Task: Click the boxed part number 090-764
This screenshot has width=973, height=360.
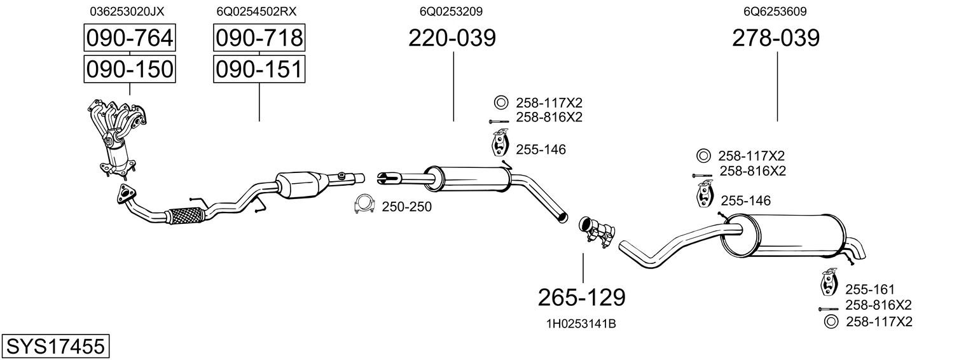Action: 130,39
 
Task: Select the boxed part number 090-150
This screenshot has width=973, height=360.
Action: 130,69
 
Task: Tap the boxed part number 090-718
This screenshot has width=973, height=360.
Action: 259,39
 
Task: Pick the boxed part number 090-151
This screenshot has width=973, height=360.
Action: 259,69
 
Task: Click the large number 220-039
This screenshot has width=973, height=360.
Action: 452,39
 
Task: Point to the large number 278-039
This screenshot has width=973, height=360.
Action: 776,39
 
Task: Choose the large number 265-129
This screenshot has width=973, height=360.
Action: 582,296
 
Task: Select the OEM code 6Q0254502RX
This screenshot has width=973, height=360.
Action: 256,11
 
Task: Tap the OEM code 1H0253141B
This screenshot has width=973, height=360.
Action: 581,324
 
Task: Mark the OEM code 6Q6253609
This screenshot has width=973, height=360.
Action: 775,11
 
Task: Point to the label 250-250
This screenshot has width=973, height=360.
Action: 406,207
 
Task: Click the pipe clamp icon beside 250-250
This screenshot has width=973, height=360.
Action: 364,204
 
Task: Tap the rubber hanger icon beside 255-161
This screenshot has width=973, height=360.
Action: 828,284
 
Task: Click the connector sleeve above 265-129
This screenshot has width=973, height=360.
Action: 597,232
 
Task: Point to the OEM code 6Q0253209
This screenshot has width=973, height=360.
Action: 450,11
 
